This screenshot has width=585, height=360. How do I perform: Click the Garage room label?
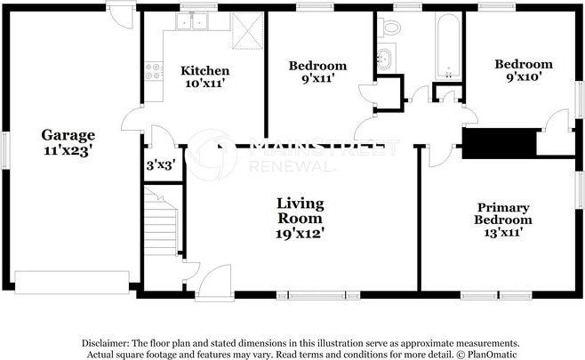(68, 135)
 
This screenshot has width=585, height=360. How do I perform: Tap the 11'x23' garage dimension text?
(68, 151)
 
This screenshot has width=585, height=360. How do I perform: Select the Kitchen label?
(204, 70)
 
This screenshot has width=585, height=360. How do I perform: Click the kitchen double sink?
(192, 21)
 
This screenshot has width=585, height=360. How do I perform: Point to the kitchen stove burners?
(154, 71)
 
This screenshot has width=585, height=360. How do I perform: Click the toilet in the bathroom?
(389, 27)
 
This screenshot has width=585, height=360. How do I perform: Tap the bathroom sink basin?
(385, 59)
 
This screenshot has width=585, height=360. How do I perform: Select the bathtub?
(448, 46)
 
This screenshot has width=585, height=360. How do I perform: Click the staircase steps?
(161, 222)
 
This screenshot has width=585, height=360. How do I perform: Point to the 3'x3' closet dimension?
(161, 165)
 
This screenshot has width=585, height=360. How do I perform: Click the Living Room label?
(301, 211)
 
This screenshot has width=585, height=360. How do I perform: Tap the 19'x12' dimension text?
(300, 234)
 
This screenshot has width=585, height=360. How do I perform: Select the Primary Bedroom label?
(503, 213)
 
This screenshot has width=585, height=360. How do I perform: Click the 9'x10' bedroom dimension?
(524, 76)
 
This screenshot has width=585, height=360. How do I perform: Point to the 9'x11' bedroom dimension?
(317, 79)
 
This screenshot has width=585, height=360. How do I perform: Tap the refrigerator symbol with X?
(248, 30)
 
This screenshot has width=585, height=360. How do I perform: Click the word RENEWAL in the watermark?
(291, 166)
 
